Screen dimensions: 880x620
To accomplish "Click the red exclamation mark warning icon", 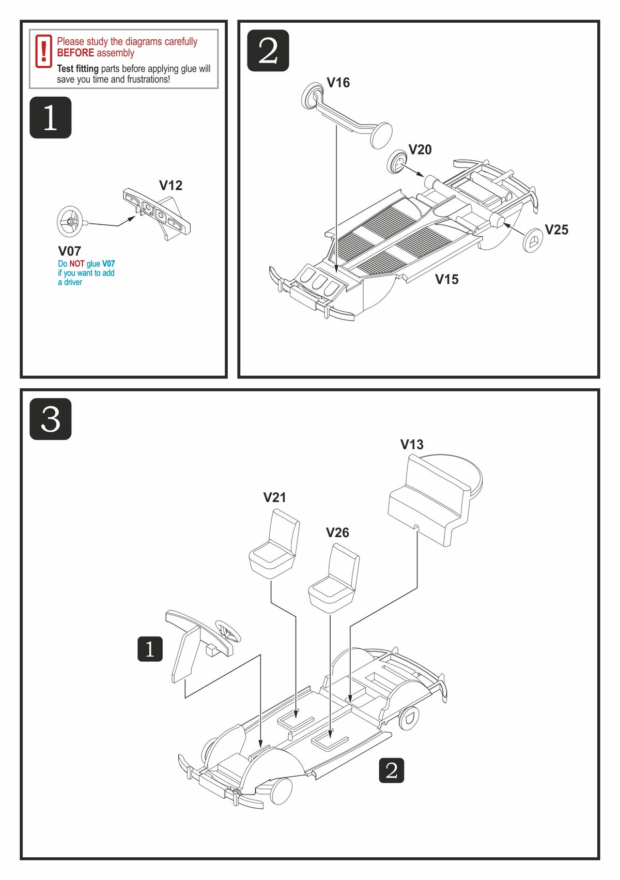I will (x=44, y=51).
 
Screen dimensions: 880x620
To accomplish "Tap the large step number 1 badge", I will (x=50, y=117).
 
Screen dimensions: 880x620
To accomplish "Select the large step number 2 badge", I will (x=268, y=51).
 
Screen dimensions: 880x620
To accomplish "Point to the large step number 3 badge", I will (x=50, y=419).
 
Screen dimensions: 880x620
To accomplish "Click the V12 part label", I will (x=171, y=185).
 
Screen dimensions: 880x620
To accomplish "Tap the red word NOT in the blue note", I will (x=76, y=264).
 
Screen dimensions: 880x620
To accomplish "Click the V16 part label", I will (x=338, y=83).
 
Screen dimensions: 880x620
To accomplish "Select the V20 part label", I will (x=420, y=149).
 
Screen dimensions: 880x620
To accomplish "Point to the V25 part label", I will (x=556, y=230).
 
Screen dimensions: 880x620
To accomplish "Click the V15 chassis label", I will (x=446, y=279).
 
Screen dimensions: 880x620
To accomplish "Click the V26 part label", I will (x=337, y=533).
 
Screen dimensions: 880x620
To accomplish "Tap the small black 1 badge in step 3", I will (x=150, y=649).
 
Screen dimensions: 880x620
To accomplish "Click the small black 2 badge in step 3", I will (x=391, y=770).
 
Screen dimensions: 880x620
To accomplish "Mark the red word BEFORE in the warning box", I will (x=75, y=53).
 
